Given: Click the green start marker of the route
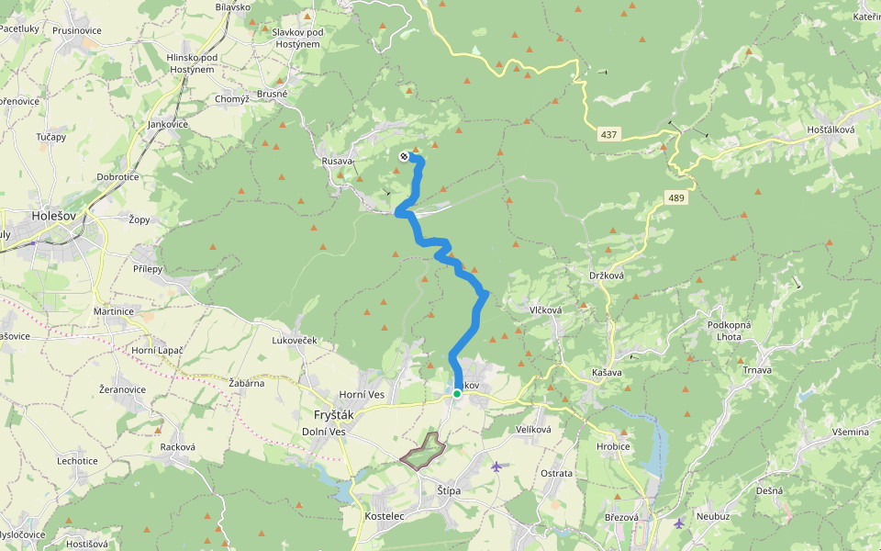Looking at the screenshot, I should pyautogui.click(x=456, y=393).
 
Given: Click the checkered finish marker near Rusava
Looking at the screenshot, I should pyautogui.click(x=404, y=156).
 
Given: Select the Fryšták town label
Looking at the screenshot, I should pyautogui.click(x=333, y=414).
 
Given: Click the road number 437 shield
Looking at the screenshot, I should pyautogui.click(x=609, y=134).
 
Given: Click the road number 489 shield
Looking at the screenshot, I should pyautogui.click(x=676, y=197).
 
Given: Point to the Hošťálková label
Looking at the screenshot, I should pyautogui.click(x=831, y=130).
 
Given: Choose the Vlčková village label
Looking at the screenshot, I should pyautogui.click(x=545, y=310).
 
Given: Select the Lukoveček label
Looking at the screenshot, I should pyautogui.click(x=294, y=341).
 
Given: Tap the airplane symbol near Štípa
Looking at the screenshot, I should pyautogui.click(x=496, y=467).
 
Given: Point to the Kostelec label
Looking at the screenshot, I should pyautogui.click(x=385, y=517).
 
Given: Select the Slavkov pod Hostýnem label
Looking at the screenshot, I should pyautogui.click(x=296, y=38).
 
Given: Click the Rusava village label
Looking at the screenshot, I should pyautogui.click(x=337, y=162).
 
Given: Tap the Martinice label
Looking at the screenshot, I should pyautogui.click(x=114, y=311).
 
